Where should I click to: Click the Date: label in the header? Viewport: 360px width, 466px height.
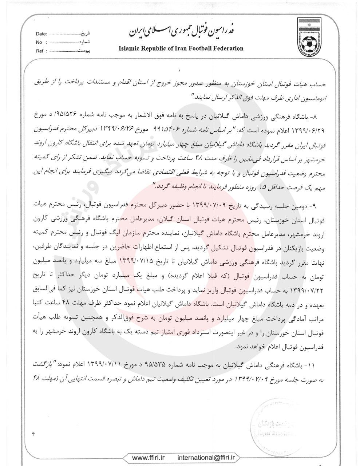point(41,34)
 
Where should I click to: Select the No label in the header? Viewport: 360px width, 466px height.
point(39,42)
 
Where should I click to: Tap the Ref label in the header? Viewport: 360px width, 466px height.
point(40,51)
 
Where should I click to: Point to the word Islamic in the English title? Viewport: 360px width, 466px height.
point(129,48)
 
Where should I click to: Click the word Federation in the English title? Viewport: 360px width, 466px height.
point(227,48)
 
